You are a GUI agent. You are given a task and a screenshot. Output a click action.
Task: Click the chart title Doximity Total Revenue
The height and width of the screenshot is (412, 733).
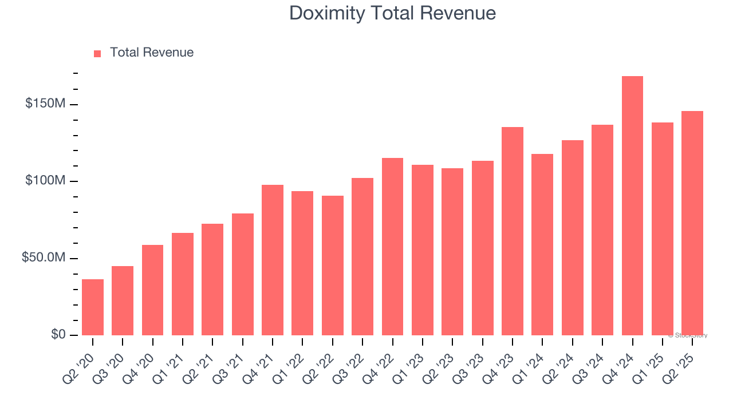coord(392,13)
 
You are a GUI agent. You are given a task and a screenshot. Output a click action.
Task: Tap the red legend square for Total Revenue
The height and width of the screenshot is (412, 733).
coord(97,53)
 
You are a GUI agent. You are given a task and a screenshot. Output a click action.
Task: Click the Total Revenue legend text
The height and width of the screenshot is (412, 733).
coord(152,53)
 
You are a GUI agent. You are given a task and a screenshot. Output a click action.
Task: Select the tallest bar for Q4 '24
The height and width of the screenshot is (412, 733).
coord(632,206)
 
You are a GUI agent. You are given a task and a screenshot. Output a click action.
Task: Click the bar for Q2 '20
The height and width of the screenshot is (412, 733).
coord(93,307)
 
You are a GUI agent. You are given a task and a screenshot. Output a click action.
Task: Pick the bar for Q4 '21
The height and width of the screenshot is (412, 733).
coord(273,260)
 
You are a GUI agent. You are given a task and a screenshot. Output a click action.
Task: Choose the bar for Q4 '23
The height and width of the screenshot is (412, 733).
coord(513,231)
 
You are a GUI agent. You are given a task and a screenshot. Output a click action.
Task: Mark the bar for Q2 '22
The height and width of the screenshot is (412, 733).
coord(333,266)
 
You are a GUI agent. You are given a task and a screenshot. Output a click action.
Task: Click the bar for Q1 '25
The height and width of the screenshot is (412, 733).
coord(662,229)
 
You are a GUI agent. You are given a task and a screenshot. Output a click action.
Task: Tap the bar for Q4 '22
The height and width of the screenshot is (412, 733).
coord(392,247)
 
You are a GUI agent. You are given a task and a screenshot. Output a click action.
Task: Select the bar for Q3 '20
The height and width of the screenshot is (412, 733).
coord(123,300)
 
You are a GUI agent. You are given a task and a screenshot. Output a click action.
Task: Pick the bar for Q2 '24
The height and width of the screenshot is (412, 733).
coord(573,237)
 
